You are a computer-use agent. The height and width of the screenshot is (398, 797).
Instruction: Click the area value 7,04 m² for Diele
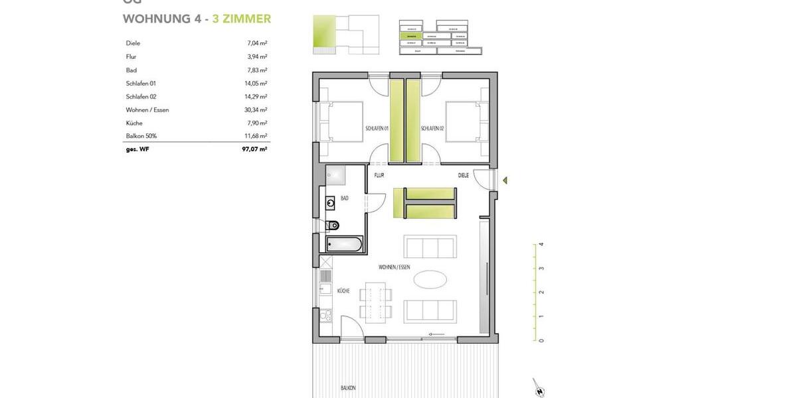point(257,43)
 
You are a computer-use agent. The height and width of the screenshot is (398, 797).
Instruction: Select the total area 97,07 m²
point(254,149)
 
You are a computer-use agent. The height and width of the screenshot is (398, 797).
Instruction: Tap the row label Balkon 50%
point(141,136)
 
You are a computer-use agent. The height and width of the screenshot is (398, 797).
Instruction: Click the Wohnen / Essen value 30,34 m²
point(256,109)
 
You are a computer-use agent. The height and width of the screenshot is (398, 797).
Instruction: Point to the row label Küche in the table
point(134,123)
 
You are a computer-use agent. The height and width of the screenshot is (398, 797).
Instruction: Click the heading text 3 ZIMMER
point(242,19)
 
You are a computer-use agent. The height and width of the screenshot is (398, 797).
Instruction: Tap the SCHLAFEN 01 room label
point(377,128)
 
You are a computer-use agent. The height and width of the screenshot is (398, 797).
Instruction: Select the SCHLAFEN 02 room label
point(432,128)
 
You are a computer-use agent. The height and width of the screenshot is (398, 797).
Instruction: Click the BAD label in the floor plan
point(345,198)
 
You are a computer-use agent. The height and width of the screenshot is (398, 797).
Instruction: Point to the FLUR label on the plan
point(379,175)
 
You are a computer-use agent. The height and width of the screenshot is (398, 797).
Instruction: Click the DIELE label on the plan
point(464,175)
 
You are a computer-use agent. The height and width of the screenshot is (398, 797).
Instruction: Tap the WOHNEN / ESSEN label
point(395,267)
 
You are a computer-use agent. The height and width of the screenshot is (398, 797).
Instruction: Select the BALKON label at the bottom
point(348,388)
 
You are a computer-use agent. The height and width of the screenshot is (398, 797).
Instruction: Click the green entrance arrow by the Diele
point(505,180)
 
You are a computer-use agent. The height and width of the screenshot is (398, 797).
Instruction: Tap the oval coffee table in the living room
point(430,279)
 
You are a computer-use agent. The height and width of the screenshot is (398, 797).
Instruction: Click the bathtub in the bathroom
point(344,244)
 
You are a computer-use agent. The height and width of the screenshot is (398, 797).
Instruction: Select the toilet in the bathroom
point(332,224)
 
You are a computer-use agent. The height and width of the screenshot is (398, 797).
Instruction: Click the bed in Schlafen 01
point(341,121)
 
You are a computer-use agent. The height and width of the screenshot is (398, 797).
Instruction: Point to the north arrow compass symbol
point(538,388)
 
